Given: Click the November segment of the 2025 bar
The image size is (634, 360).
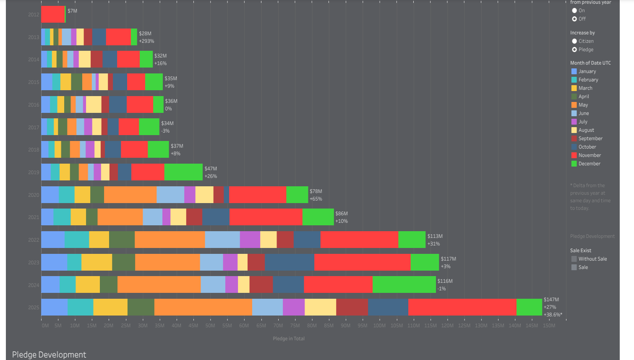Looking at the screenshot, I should pos(462,307).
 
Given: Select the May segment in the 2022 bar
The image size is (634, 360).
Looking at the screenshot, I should pos(170,240).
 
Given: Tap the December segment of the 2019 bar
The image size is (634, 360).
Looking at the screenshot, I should pos(183,172).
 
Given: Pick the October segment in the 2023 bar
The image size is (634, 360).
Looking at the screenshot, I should pos(290,262).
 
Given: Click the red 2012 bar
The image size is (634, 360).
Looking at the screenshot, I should pos(53,14).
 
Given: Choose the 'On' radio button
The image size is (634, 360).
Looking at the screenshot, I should pos(574,10).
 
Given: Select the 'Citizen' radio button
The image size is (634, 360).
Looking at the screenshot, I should pos(574,41).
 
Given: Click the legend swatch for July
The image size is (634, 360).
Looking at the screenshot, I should pos(574,122).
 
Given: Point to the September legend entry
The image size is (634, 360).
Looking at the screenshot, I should pos(590,138).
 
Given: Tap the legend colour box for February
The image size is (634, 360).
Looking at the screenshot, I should pos(574,80).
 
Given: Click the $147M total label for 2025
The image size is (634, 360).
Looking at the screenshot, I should pos(551,300).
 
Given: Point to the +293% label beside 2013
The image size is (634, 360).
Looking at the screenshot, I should pos(146,41).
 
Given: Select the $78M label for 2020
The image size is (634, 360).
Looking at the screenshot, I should pos(316,191).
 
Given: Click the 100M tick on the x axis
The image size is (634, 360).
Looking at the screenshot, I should pos(379,326).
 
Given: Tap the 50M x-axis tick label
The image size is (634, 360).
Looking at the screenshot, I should pos(210,326).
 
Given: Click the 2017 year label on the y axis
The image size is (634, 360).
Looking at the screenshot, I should pos(34,127).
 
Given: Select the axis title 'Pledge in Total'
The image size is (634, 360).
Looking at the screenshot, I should pos(289,339).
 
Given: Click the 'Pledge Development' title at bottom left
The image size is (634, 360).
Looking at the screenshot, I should pos(49,355).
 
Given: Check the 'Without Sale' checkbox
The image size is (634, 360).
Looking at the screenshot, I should pos(574,259).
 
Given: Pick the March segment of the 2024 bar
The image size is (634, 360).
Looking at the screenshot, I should pos(88,284).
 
